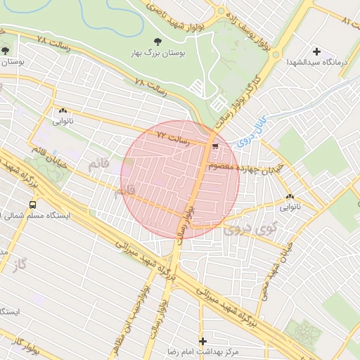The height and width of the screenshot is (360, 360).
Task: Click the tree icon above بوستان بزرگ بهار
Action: (x=156, y=41)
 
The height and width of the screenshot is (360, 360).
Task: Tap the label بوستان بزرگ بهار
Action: (x=156, y=53)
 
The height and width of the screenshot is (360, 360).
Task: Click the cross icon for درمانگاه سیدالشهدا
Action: (x=316, y=51)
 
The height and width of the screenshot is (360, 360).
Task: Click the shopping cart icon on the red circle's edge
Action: (x=214, y=147)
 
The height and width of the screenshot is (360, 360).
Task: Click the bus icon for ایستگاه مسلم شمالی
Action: (x=32, y=205)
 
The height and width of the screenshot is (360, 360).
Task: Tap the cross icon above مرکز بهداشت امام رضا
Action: (x=202, y=340)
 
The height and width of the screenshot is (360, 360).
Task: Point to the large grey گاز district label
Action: (x=18, y=264)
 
